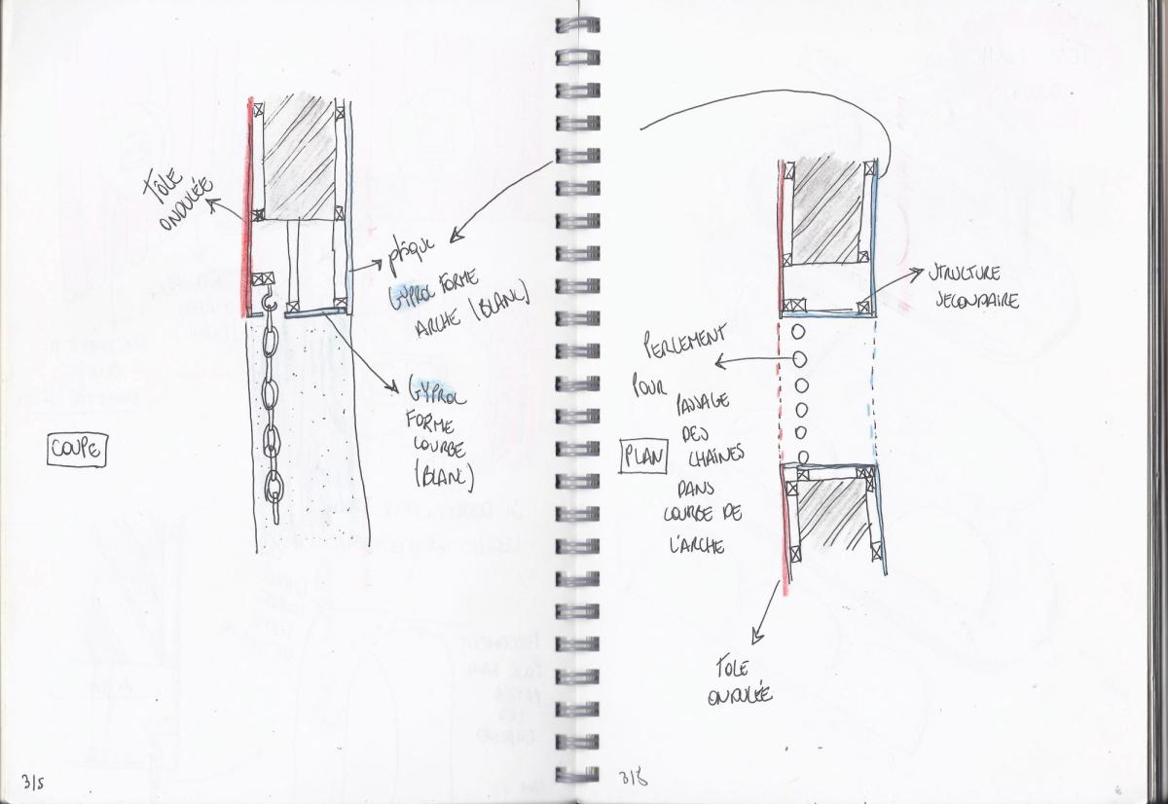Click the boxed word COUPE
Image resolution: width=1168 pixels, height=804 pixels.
click(x=77, y=450)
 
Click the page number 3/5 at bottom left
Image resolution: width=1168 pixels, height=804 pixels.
click(x=33, y=781)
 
